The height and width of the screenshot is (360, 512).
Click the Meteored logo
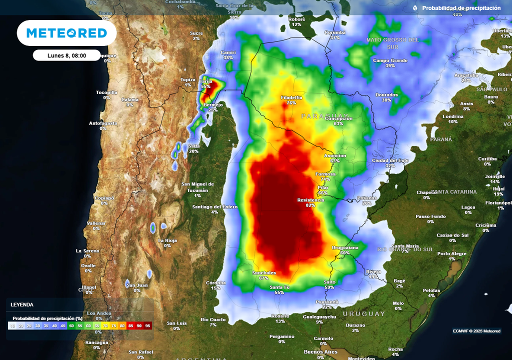(66, 33)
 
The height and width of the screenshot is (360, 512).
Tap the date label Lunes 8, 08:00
(67, 55)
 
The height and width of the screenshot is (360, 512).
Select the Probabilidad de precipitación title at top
(461, 8)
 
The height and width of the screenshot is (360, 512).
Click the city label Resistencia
(310, 200)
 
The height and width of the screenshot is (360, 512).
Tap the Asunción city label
(335, 156)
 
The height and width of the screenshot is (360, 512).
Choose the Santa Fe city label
(279, 287)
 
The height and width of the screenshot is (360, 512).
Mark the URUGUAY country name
(364, 313)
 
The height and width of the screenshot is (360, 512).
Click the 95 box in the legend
(147, 325)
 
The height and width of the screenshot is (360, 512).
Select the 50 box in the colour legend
(71, 325)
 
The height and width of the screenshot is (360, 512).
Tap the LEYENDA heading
(22, 304)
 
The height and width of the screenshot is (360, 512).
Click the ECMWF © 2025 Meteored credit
(476, 331)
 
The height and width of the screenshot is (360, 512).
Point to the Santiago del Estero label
(214, 206)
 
